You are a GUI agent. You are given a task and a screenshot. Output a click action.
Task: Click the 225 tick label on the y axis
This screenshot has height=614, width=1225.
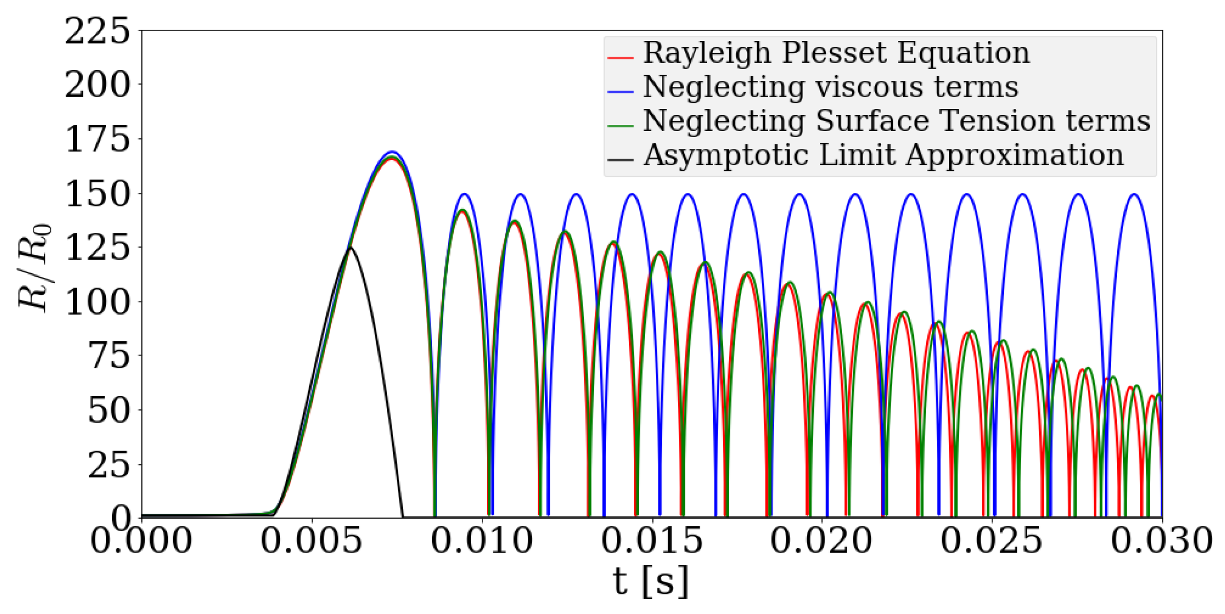pos(97,32)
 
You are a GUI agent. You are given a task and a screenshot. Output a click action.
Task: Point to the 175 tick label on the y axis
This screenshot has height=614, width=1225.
pos(97,139)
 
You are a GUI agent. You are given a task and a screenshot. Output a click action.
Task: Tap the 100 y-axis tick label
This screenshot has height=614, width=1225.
pos(97,302)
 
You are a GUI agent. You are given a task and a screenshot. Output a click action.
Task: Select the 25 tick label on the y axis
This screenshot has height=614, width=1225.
pos(109,466)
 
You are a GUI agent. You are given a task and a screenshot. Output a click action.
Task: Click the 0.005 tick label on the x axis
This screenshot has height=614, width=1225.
pos(311,540)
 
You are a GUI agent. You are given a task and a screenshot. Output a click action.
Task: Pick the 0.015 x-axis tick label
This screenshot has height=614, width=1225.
pos(652,540)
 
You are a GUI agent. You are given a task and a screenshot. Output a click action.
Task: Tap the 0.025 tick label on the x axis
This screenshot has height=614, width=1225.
pos(992,540)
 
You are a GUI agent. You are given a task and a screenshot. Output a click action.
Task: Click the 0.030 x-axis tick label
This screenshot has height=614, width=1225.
pos(1161,540)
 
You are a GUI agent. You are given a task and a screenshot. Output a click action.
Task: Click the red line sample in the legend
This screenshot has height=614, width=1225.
pos(620,58)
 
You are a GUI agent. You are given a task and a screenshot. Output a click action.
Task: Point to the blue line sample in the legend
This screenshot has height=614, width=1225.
pos(620,92)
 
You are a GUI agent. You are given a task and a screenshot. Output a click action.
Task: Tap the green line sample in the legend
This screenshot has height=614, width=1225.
pos(620,126)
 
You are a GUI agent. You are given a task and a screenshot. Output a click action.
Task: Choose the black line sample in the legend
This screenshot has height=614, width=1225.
pos(620,160)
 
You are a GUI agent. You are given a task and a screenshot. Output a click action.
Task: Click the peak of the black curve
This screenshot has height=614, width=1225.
pos(350,248)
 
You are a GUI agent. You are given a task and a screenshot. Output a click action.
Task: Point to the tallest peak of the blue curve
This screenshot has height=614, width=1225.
pos(392,152)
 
